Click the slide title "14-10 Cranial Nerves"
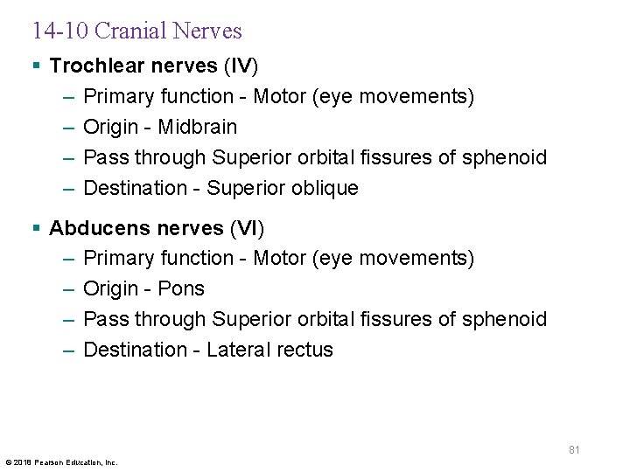[136, 31]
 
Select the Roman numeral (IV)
[241, 66]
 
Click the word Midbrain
[198, 127]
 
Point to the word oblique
[326, 188]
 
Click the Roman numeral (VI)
[246, 228]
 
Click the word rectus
[304, 350]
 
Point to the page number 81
[574, 450]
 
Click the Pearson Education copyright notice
[61, 462]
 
